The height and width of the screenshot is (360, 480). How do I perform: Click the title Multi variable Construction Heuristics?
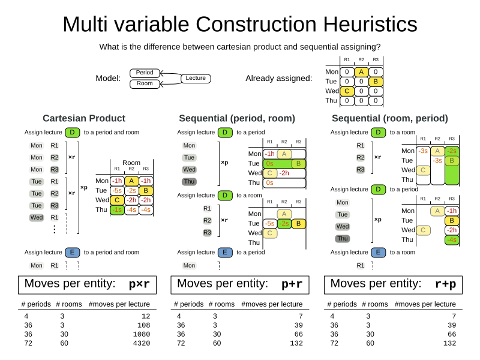tap(240, 24)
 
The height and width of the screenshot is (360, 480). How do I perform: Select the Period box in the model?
tap(145, 73)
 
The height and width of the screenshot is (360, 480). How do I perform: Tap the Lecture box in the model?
tap(196, 78)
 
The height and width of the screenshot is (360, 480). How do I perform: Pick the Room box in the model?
tap(145, 84)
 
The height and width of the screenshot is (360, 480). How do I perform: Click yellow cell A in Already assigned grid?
tap(361, 72)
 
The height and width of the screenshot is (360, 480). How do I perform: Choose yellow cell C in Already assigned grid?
tap(346, 91)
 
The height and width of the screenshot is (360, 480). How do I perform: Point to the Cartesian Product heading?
tap(84, 118)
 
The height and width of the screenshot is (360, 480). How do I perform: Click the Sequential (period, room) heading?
tap(238, 118)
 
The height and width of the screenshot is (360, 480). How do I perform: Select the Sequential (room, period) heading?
tap(390, 118)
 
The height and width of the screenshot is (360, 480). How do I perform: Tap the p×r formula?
tap(139, 284)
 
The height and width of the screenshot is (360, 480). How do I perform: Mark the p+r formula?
tap(292, 284)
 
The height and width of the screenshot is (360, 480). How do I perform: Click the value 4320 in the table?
tap(139, 343)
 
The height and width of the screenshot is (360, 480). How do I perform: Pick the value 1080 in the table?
tap(139, 334)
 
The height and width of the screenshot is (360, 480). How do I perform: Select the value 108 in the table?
tap(142, 325)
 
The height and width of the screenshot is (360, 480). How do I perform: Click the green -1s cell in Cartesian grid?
tap(116, 209)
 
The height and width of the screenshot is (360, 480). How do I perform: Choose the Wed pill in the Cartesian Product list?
tap(37, 217)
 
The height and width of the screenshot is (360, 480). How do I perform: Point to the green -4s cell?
tap(452, 240)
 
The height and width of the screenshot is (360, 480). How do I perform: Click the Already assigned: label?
tap(278, 79)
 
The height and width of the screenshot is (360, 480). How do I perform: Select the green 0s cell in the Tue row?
tap(270, 163)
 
